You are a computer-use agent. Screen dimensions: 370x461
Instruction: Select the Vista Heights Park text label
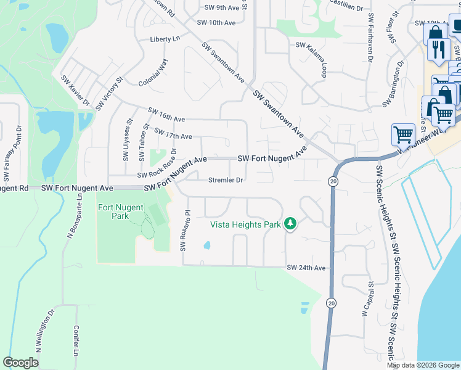click(245, 224)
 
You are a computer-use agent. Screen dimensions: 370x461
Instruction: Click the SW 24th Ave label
click(306, 268)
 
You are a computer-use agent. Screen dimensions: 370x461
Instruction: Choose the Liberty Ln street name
click(165, 39)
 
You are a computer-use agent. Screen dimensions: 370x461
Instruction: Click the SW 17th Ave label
click(173, 134)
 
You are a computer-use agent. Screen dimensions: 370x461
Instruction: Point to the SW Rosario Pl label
click(183, 231)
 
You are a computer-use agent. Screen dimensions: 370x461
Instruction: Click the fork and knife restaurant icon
click(438, 50)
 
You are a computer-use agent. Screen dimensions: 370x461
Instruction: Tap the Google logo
click(20, 363)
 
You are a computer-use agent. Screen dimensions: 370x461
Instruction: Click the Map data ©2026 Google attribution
click(423, 364)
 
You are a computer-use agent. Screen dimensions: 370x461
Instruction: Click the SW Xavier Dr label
click(75, 91)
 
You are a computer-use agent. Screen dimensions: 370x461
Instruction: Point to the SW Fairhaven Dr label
click(370, 38)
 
